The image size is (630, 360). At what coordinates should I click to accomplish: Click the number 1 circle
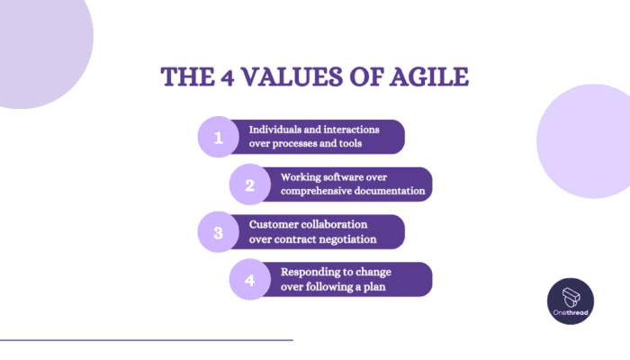point(216,137)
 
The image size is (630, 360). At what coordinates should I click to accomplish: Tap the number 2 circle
point(247,184)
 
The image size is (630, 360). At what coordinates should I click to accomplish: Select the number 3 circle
point(216,232)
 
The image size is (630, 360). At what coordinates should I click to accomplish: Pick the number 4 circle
point(247,279)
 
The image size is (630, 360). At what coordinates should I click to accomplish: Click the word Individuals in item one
point(277,130)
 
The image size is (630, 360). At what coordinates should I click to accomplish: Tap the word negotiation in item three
point(346,239)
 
